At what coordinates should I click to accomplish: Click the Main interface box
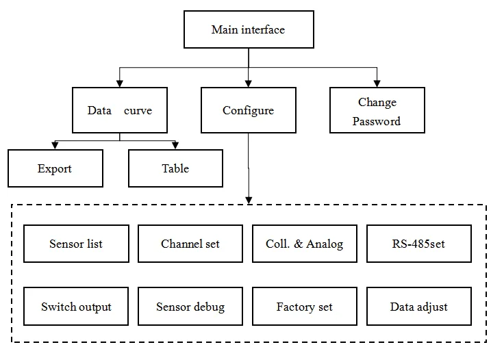click(x=249, y=29)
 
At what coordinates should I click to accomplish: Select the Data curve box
click(x=120, y=110)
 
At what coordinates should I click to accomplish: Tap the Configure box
click(x=249, y=110)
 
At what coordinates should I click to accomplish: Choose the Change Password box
click(x=377, y=110)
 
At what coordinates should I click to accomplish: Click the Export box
click(x=55, y=168)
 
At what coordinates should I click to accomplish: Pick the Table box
click(x=175, y=168)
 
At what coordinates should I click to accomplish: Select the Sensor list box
click(x=76, y=244)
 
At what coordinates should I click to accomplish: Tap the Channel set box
click(x=190, y=244)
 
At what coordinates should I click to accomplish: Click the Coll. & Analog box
click(x=305, y=244)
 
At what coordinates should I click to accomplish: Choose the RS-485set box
click(x=419, y=244)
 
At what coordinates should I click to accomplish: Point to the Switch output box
click(x=76, y=306)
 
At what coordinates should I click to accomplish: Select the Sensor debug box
click(x=190, y=306)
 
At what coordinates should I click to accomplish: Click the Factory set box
click(x=305, y=306)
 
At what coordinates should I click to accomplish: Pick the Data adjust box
click(x=419, y=306)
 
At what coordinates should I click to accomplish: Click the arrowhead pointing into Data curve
click(x=120, y=83)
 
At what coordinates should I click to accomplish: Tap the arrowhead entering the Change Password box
click(x=377, y=83)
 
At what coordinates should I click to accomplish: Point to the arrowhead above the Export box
click(x=55, y=146)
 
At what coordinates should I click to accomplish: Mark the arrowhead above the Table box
click(x=175, y=146)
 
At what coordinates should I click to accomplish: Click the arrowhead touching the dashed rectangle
click(x=249, y=201)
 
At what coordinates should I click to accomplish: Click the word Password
click(x=377, y=121)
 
